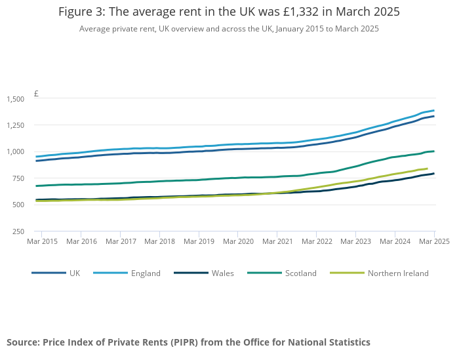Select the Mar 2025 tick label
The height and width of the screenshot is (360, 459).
pyautogui.click(x=433, y=241)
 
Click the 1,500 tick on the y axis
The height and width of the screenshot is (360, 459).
pyautogui.click(x=15, y=99)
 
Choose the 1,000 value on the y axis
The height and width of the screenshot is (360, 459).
pyautogui.click(x=15, y=152)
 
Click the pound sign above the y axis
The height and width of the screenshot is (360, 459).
pyautogui.click(x=36, y=94)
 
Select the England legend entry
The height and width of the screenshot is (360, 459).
pyautogui.click(x=145, y=273)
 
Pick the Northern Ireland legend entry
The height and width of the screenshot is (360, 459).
pyautogui.click(x=398, y=273)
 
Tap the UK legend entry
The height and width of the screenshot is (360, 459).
pyautogui.click(x=75, y=273)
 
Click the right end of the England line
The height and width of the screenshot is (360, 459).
pyautogui.click(x=434, y=110)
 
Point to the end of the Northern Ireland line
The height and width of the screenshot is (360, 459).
pyautogui.click(x=427, y=169)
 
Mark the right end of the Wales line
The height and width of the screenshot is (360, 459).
pyautogui.click(x=434, y=174)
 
